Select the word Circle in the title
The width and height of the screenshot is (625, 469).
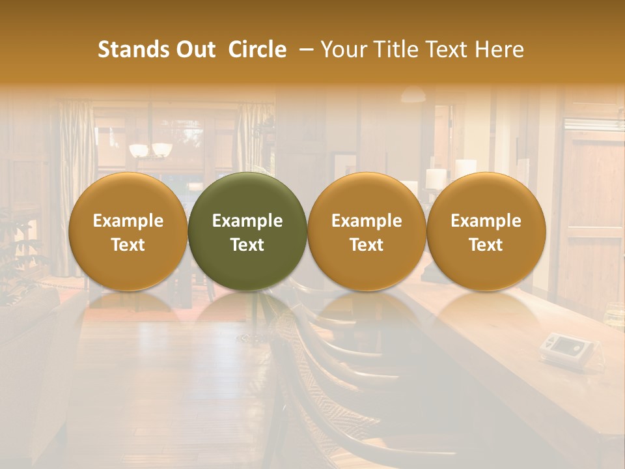pos(257,50)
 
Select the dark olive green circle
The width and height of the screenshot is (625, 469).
pos(247,231)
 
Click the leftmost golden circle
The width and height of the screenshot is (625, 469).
pos(128,231)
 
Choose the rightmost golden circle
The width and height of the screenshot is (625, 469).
pos(486,231)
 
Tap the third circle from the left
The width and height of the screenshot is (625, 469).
pos(367,231)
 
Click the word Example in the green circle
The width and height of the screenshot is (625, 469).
pos(247,221)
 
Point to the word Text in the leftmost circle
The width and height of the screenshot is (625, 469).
pos(128,245)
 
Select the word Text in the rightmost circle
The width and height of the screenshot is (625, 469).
pos(486,245)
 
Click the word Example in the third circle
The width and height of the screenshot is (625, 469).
pos(367,221)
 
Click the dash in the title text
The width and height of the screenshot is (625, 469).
pos(303,50)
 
